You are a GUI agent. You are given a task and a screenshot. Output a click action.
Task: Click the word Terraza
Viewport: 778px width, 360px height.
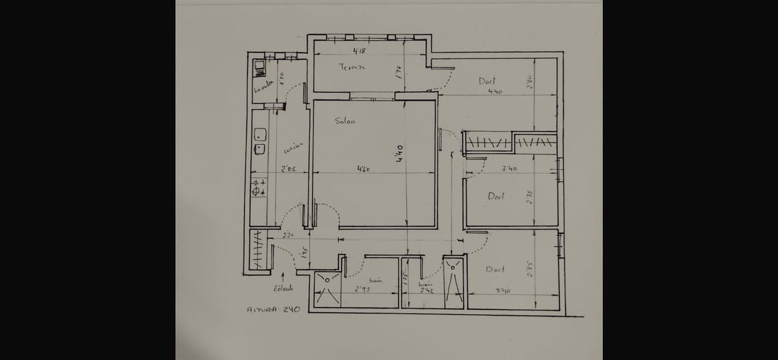click(x=352, y=67)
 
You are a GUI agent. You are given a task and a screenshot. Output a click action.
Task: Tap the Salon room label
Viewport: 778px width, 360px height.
click(x=344, y=121)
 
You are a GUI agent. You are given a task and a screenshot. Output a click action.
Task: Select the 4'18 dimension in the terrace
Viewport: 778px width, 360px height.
click(x=359, y=51)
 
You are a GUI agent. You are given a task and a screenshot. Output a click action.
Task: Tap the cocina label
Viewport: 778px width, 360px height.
click(x=290, y=150)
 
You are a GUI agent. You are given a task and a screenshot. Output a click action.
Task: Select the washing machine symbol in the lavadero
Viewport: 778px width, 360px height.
click(x=259, y=66)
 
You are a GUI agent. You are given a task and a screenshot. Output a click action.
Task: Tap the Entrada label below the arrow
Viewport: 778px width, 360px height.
click(x=283, y=289)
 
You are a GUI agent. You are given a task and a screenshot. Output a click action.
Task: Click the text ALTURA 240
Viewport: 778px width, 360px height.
click(x=273, y=309)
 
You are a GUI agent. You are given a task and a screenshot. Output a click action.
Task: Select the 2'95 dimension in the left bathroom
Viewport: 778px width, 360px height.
click(x=362, y=289)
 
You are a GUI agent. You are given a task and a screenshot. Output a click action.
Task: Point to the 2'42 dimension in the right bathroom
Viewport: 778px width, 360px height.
click(x=426, y=290)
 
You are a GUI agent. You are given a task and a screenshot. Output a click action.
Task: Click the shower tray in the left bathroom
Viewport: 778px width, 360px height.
click(x=327, y=289)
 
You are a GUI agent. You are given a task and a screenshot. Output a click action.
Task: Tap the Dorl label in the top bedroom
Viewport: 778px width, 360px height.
click(x=487, y=81)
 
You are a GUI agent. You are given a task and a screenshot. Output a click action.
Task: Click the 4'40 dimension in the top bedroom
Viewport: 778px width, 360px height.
click(x=495, y=92)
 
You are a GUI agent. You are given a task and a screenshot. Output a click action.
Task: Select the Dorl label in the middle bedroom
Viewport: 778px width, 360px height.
click(x=496, y=196)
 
